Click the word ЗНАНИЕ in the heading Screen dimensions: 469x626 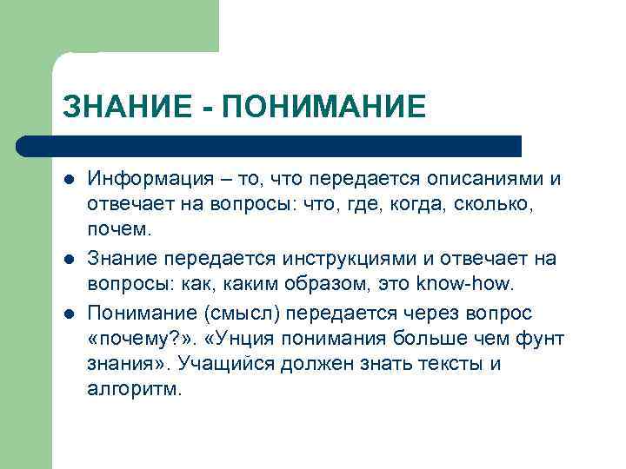[120, 106]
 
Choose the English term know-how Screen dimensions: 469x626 [465, 285]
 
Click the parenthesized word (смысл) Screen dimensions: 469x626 [248, 313]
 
